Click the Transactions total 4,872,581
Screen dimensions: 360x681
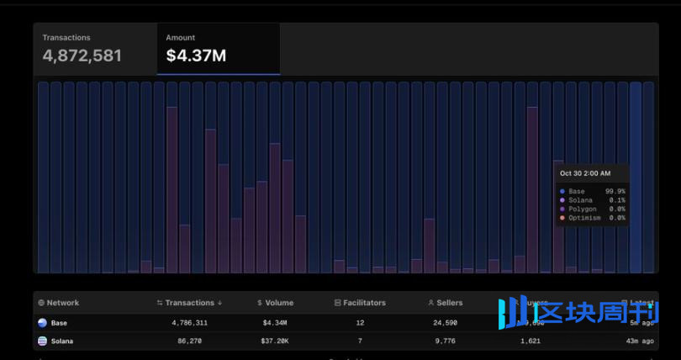point(82,56)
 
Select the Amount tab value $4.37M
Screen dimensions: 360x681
point(196,56)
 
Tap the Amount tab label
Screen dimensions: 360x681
point(180,38)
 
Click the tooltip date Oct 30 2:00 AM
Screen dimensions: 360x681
point(586,173)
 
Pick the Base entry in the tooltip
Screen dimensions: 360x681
point(576,192)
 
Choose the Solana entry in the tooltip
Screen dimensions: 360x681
point(579,200)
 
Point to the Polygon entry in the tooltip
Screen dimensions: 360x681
point(582,209)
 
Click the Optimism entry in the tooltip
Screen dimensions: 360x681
point(584,218)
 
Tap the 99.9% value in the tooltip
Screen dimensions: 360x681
point(615,192)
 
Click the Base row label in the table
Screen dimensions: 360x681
point(59,322)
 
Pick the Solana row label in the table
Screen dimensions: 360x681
point(61,341)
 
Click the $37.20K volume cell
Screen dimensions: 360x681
point(275,341)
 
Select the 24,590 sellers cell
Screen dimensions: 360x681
point(446,322)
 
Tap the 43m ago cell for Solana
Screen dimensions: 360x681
point(641,341)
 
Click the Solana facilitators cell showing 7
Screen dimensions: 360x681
point(360,341)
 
